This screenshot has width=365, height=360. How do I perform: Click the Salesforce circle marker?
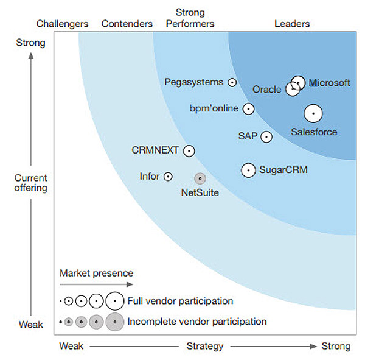coord(313,113)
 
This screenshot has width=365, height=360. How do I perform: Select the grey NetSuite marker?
coord(200,178)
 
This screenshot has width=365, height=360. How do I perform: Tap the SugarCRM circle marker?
coord(248,171)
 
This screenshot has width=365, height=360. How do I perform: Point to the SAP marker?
coord(266,137)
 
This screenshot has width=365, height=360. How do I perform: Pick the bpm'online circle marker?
coord(248,109)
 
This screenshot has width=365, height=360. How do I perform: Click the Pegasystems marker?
coord(232,82)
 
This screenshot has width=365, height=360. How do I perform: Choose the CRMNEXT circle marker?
coord(189,150)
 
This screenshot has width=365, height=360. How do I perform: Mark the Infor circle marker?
coord(168,177)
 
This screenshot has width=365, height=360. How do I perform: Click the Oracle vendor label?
coord(267,90)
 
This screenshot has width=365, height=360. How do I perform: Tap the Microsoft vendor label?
coord(330,83)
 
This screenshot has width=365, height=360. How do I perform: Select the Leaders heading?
coord(292,24)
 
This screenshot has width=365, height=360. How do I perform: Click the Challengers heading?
coord(62,24)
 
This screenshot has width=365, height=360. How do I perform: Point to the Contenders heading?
coord(127,24)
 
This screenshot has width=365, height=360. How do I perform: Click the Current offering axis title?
coord(31,183)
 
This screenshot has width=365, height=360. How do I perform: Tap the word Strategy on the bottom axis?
coord(204,347)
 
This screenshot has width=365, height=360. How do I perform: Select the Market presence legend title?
coord(96,273)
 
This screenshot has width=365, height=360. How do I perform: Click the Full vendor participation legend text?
coord(180,301)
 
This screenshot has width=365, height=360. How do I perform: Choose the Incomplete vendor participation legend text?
coord(197,321)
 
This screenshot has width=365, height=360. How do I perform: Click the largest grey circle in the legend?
coord(114,322)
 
